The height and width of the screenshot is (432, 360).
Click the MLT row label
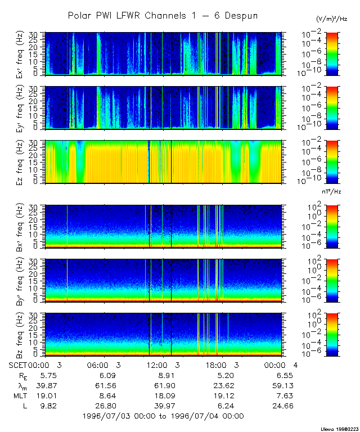19,395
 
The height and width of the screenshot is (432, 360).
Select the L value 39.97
163,406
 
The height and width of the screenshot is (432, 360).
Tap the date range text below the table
163,416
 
